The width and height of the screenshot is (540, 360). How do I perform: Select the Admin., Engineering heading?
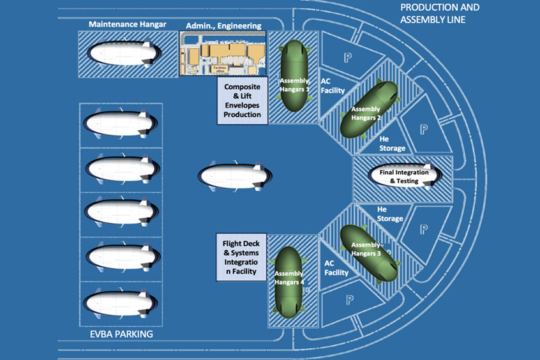point(223,26)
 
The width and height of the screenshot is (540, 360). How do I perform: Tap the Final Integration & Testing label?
point(404,176)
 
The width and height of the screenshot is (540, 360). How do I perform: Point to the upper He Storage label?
point(392,144)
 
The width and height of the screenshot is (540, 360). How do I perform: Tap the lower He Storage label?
point(390,213)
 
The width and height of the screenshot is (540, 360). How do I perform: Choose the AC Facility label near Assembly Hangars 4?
point(336,267)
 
